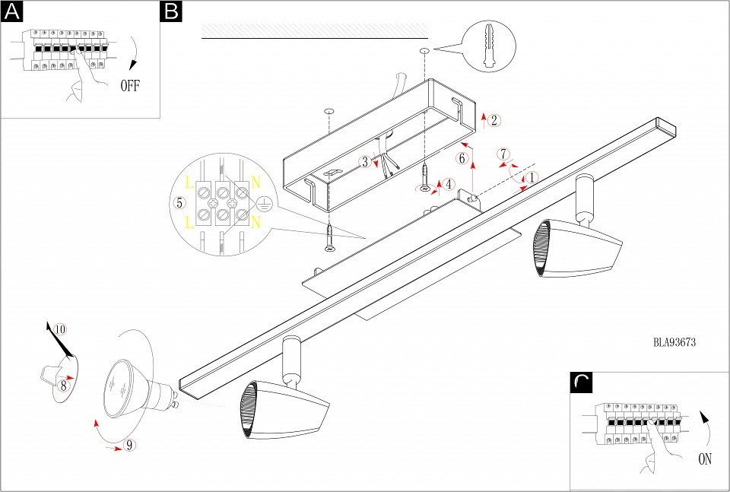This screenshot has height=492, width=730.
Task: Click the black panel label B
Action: (x=172, y=11)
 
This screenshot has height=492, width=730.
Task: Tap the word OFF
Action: (x=130, y=86)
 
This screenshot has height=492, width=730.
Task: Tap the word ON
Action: (x=704, y=459)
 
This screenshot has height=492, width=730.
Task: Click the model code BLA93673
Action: (x=675, y=342)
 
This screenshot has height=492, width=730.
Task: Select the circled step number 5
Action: (x=180, y=203)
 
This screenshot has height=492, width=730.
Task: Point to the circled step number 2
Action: (x=494, y=120)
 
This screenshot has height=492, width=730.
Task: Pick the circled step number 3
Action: (x=366, y=161)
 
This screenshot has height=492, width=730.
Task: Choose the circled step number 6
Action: (x=462, y=158)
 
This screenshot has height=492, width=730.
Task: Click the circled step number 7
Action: (x=503, y=154)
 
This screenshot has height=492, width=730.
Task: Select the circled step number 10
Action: (x=61, y=330)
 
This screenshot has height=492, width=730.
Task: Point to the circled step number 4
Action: (x=450, y=184)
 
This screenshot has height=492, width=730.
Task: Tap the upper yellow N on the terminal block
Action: (x=256, y=183)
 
